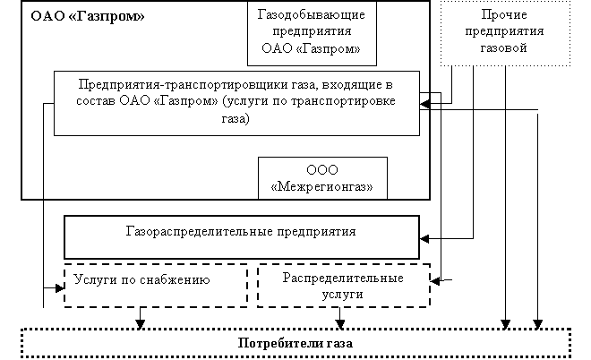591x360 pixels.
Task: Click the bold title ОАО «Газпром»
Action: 88,17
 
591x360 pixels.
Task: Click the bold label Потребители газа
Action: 295,343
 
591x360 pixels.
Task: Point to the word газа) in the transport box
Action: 236,119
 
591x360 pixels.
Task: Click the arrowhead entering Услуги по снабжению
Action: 60,288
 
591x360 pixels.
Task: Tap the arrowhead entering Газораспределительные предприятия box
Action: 424,238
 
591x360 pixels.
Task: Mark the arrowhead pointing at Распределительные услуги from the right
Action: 435,280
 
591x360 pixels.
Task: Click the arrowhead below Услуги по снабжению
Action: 141,324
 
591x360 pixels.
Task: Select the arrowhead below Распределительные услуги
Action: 339,324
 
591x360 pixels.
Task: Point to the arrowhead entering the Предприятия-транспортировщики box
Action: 424,103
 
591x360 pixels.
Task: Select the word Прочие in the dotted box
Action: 504,14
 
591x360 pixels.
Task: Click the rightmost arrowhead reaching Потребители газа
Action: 538,324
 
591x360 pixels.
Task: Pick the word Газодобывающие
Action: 312,14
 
